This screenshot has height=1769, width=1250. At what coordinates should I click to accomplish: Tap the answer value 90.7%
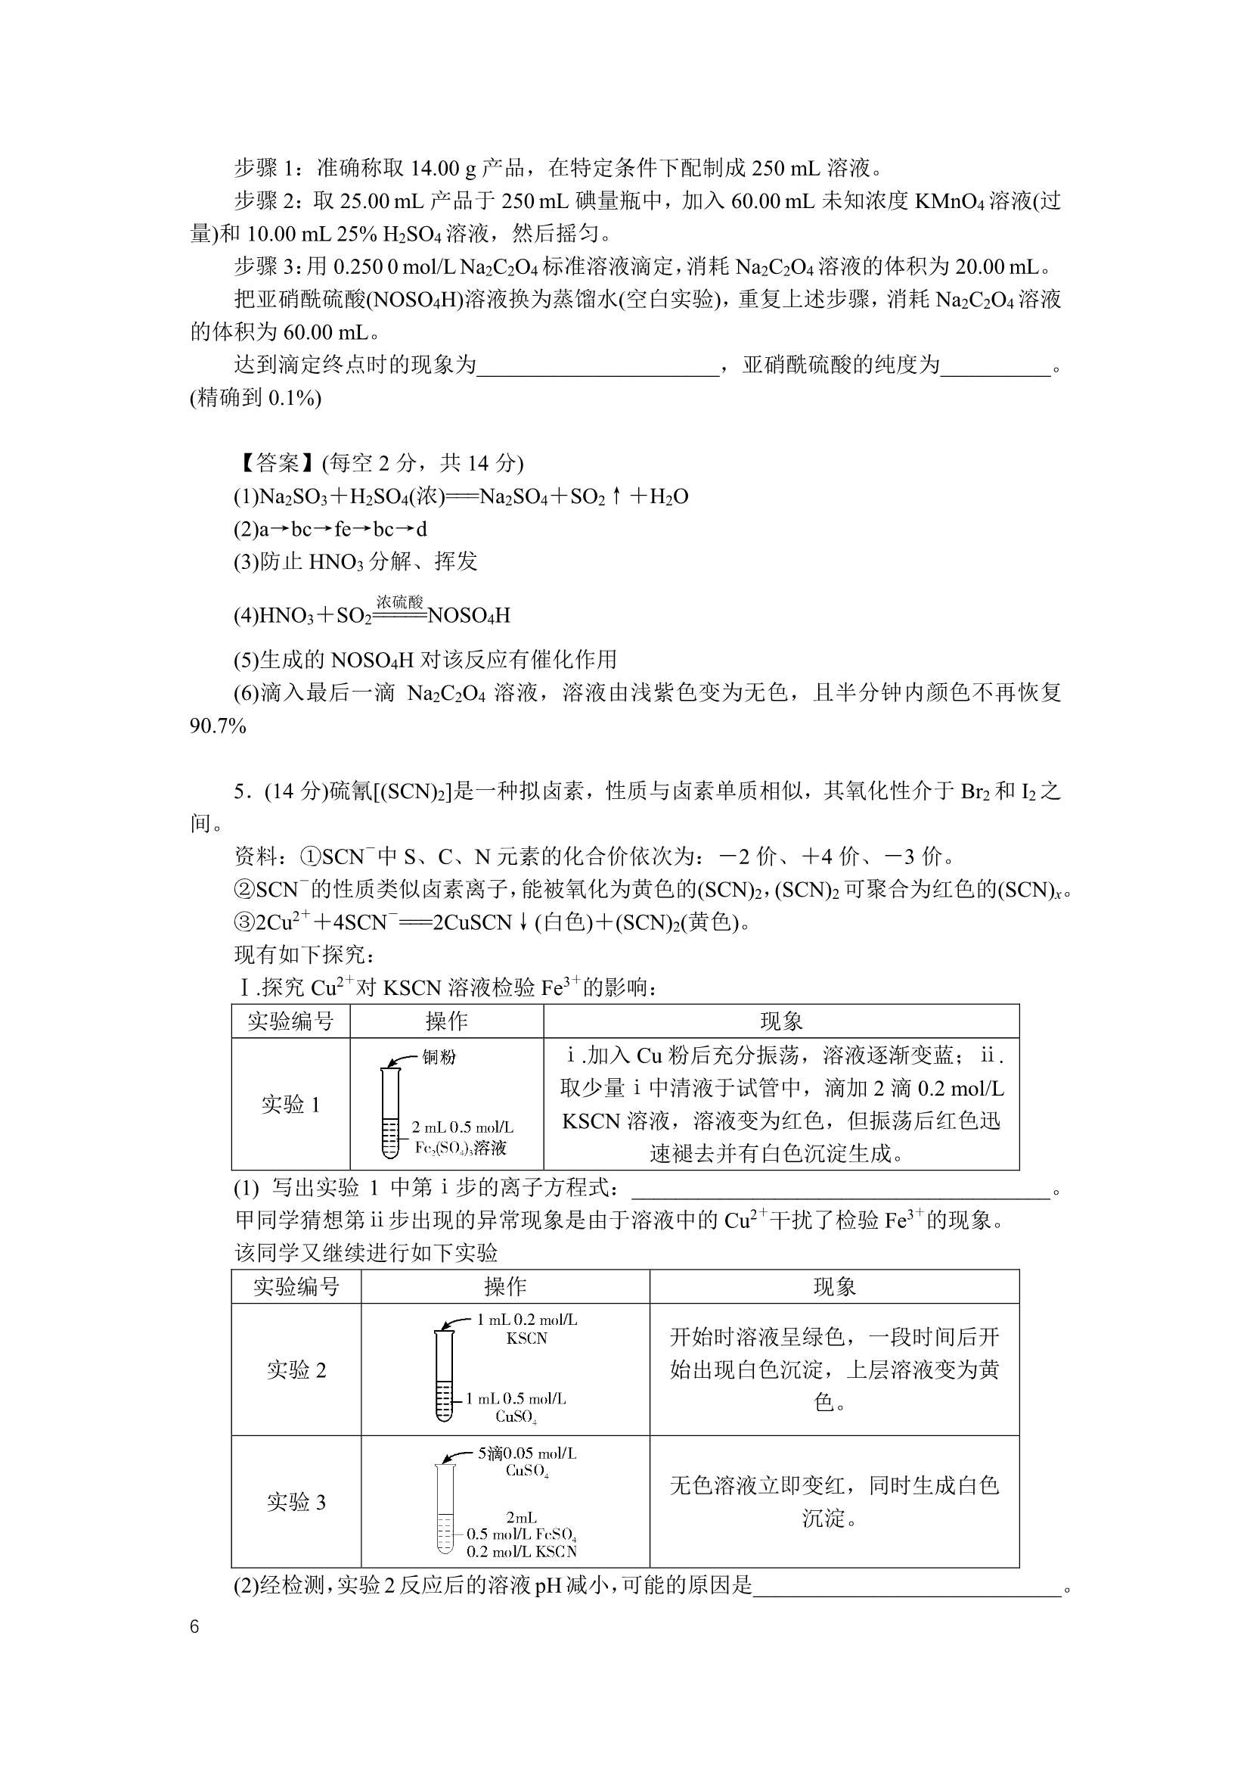click(218, 726)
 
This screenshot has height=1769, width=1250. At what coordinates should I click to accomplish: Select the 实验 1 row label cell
click(290, 1105)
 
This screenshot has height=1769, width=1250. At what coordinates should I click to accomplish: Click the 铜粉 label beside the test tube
click(439, 1057)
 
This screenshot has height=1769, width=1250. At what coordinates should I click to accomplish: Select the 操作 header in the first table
click(447, 1021)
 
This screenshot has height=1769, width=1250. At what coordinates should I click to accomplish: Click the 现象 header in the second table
click(834, 1287)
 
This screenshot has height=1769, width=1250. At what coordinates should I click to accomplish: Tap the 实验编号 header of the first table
click(290, 1021)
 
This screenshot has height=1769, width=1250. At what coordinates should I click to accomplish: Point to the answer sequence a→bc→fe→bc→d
click(330, 530)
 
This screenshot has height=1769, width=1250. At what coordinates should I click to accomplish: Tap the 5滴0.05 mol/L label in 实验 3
click(527, 1454)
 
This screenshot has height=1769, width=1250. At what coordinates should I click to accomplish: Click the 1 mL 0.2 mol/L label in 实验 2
click(527, 1320)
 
